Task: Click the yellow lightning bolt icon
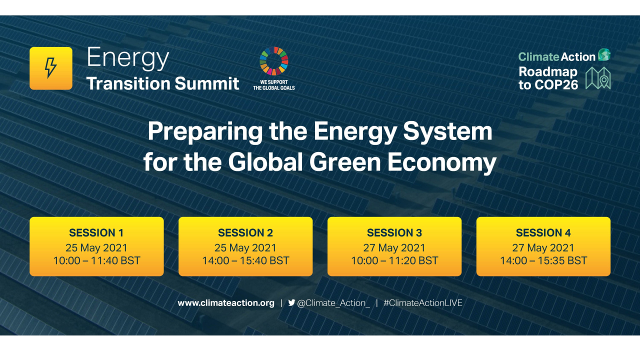coord(50,68)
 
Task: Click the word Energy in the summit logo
coord(127,59)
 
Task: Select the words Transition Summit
coord(162,83)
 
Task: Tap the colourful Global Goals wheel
coord(273,61)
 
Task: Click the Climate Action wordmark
coord(556,56)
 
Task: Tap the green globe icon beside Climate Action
coord(604,55)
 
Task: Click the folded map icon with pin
coord(598,78)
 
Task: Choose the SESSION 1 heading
coord(96,233)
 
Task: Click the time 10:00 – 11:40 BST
coord(96,260)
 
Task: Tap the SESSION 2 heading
coord(245,233)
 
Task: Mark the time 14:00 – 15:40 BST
coord(245,260)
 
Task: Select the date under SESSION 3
coord(394,247)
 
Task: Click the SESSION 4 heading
coord(543,233)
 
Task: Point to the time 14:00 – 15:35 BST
coord(543,260)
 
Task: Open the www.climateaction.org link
coord(226,303)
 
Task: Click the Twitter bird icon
coord(291,302)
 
